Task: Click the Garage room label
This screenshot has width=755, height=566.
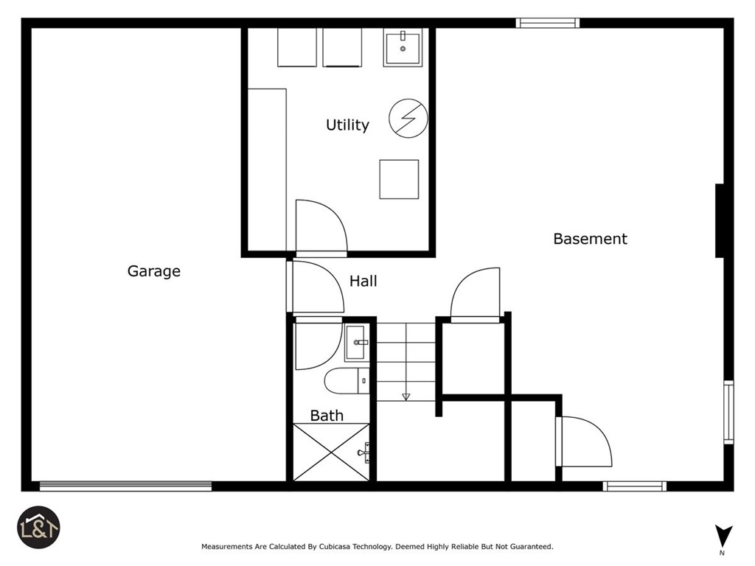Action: coord(153,271)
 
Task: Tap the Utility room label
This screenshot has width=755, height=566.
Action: coord(347,125)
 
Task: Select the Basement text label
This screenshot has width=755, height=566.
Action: coord(590,239)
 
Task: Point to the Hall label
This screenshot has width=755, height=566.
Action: coord(363,281)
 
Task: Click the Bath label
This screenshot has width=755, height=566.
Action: coord(327,416)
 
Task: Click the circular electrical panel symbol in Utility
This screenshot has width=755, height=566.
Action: coord(408,118)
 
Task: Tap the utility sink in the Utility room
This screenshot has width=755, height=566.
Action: coord(403,48)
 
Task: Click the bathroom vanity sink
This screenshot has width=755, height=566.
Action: coord(358,343)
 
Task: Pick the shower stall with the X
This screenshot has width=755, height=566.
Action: coord(330,452)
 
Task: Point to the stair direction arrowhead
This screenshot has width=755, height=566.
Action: coord(406,397)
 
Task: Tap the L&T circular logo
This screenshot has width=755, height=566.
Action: coord(38,528)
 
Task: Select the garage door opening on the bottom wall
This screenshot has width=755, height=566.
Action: coord(125,486)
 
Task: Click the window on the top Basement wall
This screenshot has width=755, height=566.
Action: coord(547,23)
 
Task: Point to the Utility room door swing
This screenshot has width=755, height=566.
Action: coord(321,227)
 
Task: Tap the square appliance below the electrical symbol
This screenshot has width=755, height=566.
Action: coord(399,179)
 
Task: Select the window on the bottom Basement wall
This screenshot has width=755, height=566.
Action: coord(635,486)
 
